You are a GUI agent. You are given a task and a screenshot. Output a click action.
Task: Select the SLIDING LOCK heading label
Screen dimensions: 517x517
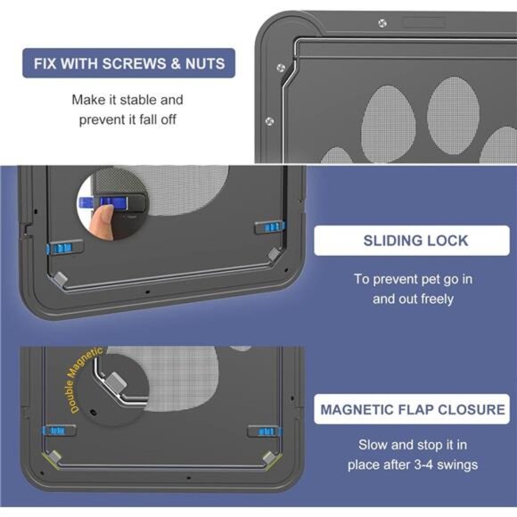(x=415, y=241)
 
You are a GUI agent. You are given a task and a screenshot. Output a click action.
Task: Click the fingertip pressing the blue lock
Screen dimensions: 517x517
(x=101, y=216)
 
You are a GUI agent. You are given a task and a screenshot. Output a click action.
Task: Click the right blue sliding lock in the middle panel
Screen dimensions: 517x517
(x=267, y=228)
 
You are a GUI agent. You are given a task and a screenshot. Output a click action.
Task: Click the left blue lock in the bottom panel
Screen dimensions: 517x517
(x=60, y=431)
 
